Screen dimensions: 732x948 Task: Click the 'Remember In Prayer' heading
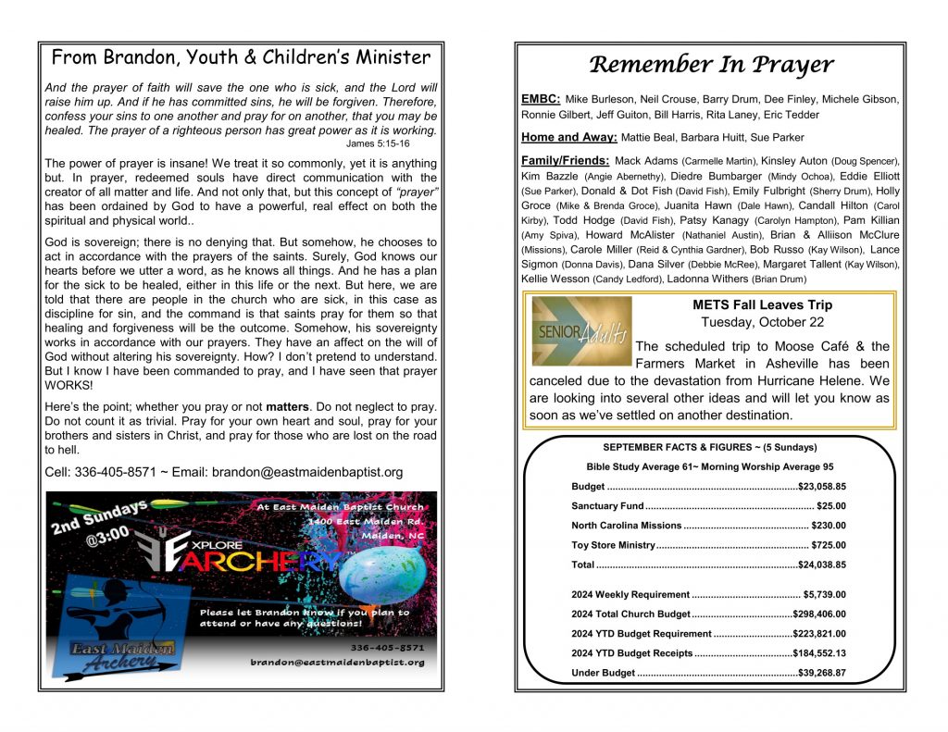tap(710, 65)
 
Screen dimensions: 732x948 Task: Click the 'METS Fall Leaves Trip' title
tap(761, 305)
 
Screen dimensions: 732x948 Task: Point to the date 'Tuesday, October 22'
tap(761, 323)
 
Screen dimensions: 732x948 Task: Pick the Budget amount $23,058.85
tap(822, 485)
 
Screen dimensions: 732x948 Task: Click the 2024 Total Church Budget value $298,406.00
tap(819, 614)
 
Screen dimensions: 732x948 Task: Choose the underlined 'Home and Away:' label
tap(568, 137)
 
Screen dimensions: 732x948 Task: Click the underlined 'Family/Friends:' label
tap(565, 161)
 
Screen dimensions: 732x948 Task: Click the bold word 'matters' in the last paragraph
tap(292, 407)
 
